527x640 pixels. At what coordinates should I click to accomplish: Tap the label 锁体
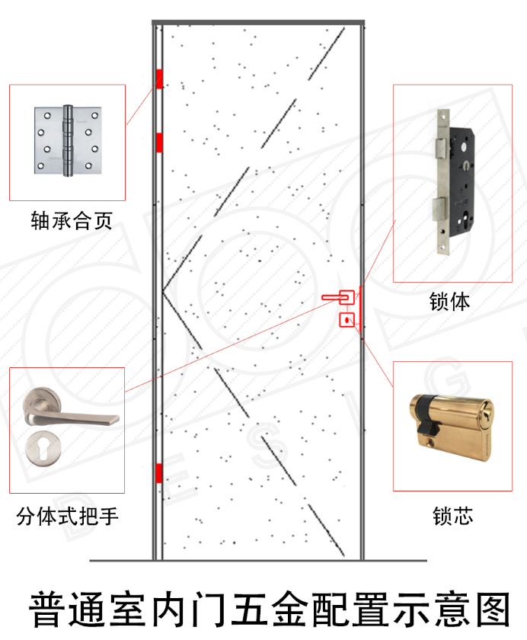click(x=449, y=302)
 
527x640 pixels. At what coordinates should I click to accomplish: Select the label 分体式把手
click(x=68, y=517)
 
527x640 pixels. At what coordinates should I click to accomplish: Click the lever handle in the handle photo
click(x=72, y=412)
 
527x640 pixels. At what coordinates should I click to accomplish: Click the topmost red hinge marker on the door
click(x=159, y=78)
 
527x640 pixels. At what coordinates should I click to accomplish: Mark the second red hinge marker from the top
click(x=159, y=142)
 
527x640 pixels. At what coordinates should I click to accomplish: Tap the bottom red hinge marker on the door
click(x=158, y=473)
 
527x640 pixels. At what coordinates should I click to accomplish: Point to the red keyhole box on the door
click(x=347, y=320)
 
